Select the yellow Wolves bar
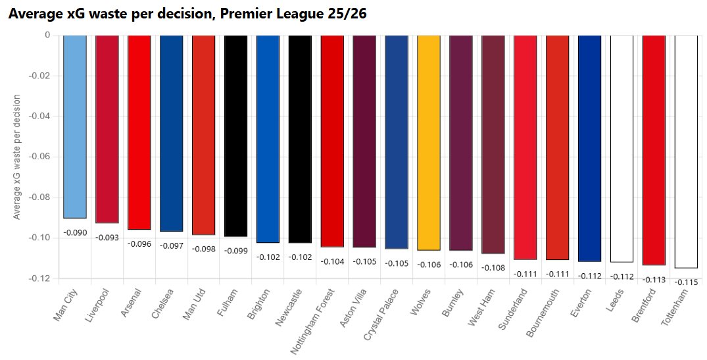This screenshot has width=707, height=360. (x=429, y=142)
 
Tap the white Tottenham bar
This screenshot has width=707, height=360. (x=687, y=151)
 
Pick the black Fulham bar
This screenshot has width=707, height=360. (x=235, y=136)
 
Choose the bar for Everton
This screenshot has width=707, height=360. (x=590, y=148)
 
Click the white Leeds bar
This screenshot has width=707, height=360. (x=622, y=148)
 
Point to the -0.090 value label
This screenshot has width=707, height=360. (x=74, y=232)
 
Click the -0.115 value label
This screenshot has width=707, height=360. (x=687, y=282)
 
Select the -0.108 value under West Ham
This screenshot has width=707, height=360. (x=493, y=267)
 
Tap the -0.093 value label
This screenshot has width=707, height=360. (x=107, y=237)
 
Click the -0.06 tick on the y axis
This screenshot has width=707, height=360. (x=40, y=157)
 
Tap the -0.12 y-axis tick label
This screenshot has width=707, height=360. (x=40, y=278)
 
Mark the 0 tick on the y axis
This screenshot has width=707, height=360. (x=47, y=36)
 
